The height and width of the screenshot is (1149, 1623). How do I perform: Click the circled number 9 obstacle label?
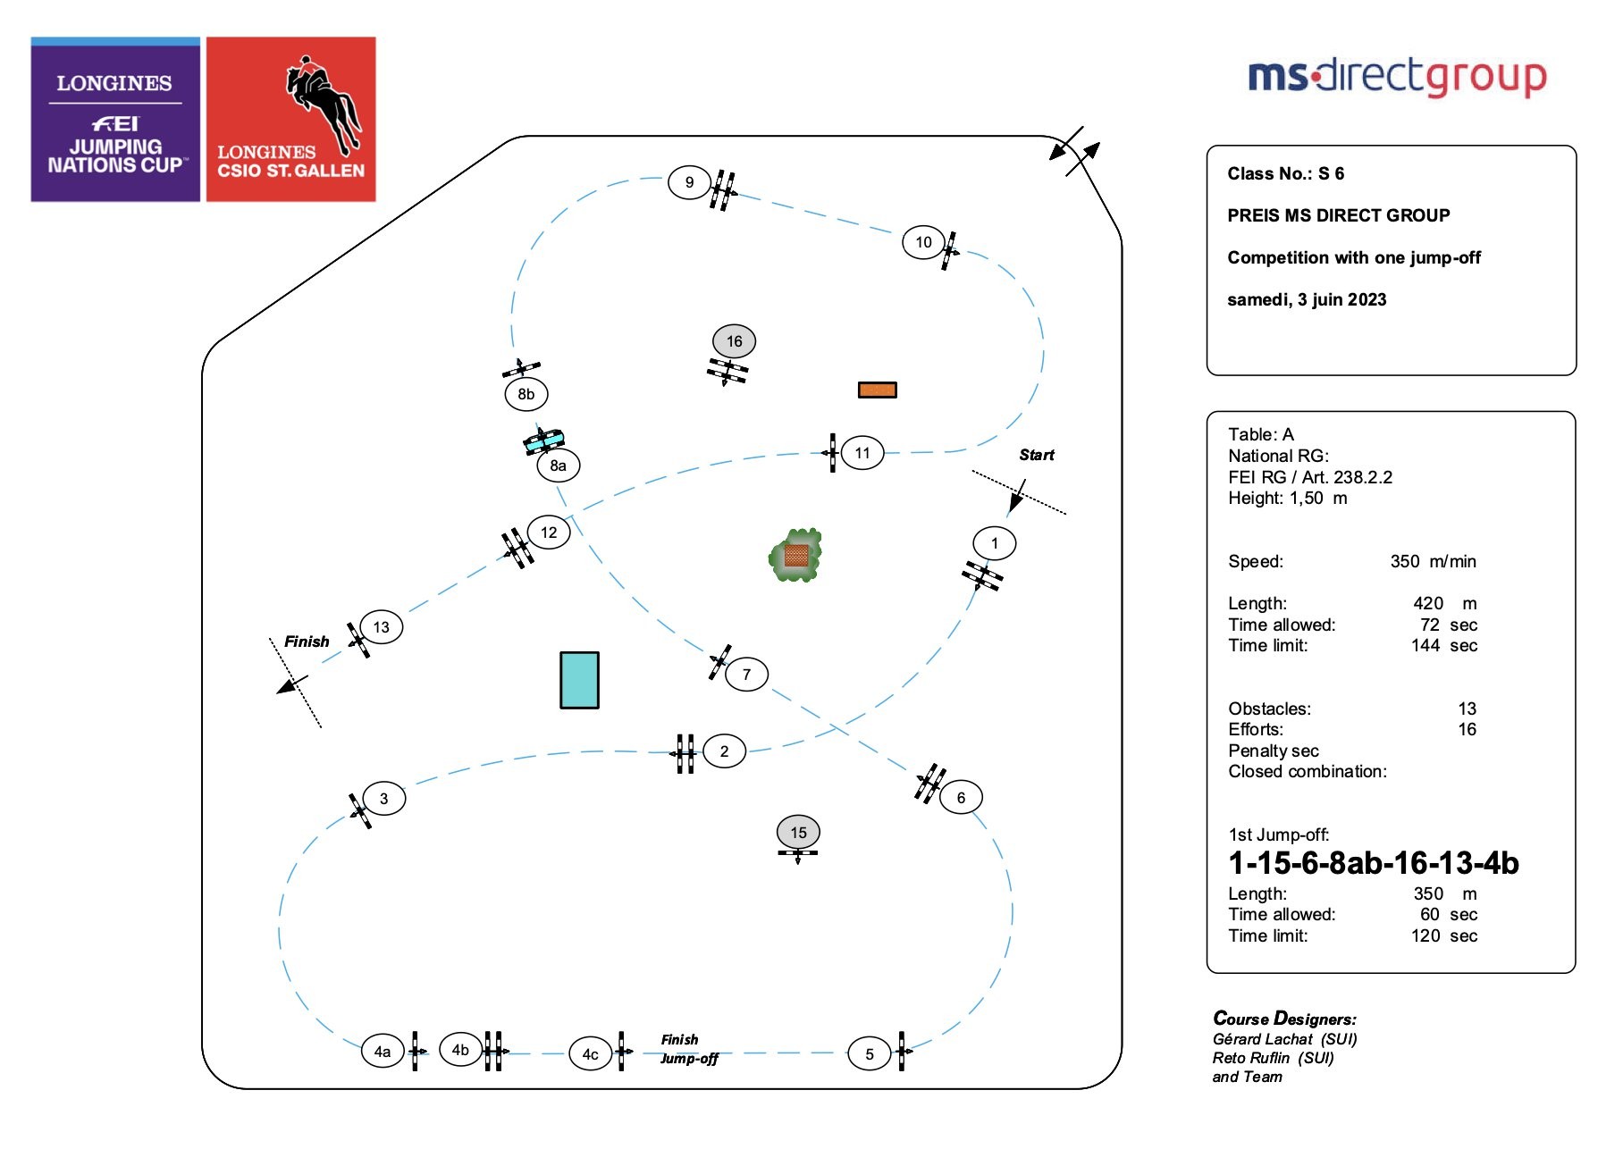pos(689,182)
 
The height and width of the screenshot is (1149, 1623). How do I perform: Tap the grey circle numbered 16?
pos(734,341)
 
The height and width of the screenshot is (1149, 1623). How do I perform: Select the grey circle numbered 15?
pos(798,833)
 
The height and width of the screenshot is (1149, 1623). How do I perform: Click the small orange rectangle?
pos(877,390)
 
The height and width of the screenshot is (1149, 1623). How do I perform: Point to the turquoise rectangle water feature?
pos(579,680)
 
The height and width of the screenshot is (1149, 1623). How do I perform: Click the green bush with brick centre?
pos(795,556)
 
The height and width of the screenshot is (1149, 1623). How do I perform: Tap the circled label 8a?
pos(558,465)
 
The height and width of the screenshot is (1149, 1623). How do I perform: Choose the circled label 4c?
pos(590,1054)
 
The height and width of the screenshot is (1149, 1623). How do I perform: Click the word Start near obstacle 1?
pos(1037,455)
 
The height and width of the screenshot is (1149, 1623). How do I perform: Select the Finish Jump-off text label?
pos(688,1049)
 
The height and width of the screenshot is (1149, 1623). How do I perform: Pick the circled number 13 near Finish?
pos(382,627)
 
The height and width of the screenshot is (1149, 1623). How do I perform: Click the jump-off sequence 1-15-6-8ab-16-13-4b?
pos(1373,863)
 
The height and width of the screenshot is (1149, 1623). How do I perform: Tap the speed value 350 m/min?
pos(1433,561)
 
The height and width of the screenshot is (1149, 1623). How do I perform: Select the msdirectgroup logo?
pos(1396,77)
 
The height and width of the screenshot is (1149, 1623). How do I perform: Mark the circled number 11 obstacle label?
pos(862,453)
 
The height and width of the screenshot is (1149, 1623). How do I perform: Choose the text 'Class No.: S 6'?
pos(1285,173)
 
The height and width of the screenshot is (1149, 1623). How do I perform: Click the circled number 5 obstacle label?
pos(869,1054)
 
